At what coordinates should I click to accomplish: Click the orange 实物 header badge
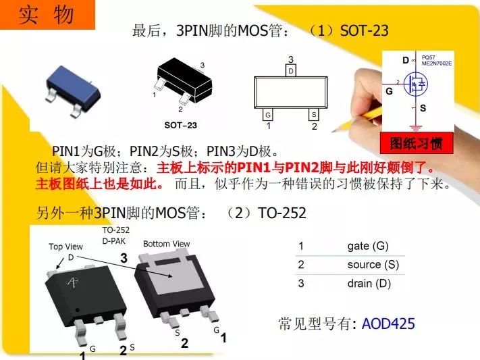47,14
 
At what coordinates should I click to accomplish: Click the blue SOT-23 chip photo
73,91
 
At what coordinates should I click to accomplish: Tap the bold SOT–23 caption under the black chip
181,126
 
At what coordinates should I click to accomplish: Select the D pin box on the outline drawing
291,71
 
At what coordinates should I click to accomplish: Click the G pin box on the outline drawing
268,115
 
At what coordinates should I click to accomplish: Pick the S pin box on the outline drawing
314,115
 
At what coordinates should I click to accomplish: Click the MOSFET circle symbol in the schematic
415,84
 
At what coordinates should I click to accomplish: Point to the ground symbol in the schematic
415,128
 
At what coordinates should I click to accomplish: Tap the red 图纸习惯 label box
417,143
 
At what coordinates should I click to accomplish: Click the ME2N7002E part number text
437,63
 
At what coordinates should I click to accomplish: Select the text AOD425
388,324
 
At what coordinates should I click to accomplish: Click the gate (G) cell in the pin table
368,246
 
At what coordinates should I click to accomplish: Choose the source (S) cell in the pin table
373,265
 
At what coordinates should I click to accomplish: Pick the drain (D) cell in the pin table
369,284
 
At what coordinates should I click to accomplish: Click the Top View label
65,247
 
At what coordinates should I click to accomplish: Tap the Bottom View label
167,244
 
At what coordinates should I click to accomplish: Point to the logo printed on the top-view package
72,282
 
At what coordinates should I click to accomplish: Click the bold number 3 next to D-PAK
124,258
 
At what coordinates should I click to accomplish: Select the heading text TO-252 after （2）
282,213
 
